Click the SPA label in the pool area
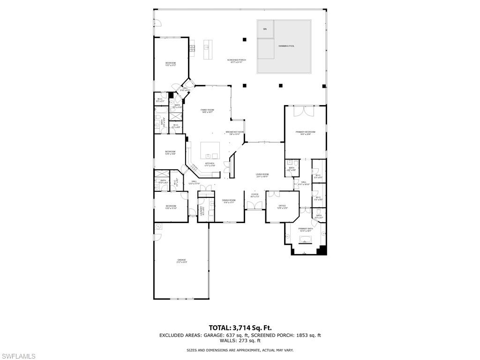click(x=265, y=29)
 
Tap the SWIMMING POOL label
click(x=286, y=46)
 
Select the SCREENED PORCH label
click(x=236, y=60)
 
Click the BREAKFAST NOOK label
click(x=234, y=132)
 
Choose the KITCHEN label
click(x=210, y=164)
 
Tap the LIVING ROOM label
click(x=262, y=174)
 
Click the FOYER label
click(x=255, y=195)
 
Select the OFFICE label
click(x=282, y=206)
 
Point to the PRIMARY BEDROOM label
click(x=305, y=132)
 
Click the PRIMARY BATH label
click(x=306, y=229)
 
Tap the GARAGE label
click(x=181, y=260)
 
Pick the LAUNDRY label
click(x=202, y=210)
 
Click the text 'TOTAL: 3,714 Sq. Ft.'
click(x=240, y=328)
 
